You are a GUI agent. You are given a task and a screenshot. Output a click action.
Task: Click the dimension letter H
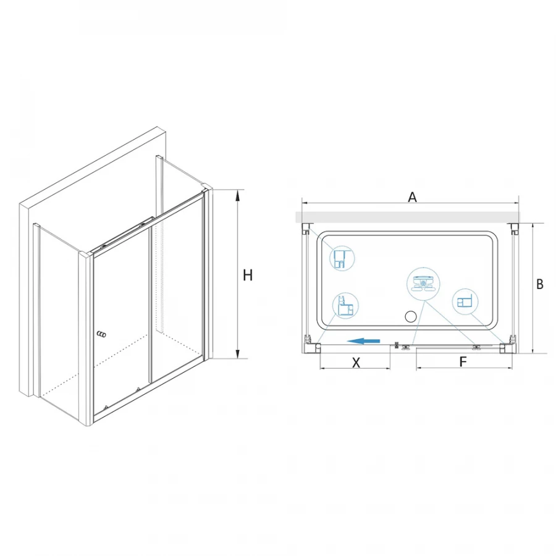pyautogui.click(x=248, y=275)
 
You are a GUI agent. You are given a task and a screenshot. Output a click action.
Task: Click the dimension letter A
pyautogui.click(x=412, y=197)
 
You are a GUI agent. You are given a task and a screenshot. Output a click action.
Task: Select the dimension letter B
pyautogui.click(x=540, y=284)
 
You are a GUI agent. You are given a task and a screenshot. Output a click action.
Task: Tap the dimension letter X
pyautogui.click(x=356, y=363)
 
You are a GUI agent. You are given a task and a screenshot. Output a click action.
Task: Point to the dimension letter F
pyautogui.click(x=463, y=361)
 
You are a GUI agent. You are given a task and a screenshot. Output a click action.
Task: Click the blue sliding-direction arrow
pyautogui.click(x=363, y=341)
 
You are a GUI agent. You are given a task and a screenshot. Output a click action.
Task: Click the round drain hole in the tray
pyautogui.click(x=411, y=317)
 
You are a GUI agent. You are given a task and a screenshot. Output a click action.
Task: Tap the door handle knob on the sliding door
pyautogui.click(x=102, y=334)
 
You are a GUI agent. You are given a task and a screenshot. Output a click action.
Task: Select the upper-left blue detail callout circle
pyautogui.click(x=342, y=258)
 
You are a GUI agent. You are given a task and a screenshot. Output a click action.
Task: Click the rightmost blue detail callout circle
pyautogui.click(x=465, y=302)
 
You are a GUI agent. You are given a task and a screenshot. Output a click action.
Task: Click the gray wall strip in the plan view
pyautogui.click(x=408, y=217)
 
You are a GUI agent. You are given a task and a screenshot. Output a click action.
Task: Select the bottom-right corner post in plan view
pyautogui.click(x=507, y=347)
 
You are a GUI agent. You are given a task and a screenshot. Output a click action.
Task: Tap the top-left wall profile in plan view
pyautogui.click(x=306, y=229)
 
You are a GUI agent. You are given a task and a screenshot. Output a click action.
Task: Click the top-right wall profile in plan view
pyautogui.click(x=513, y=229)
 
